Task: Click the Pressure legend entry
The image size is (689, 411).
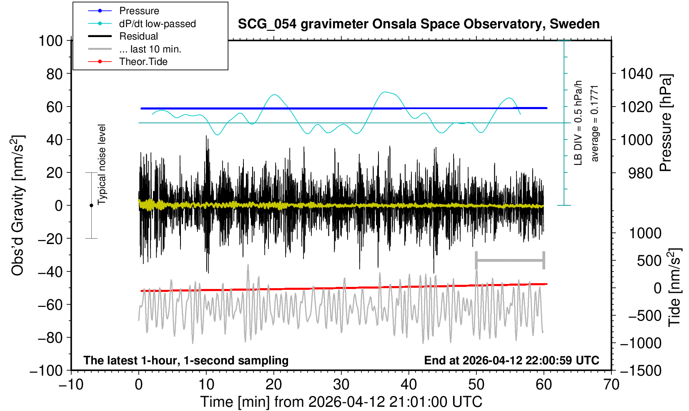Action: tap(124, 11)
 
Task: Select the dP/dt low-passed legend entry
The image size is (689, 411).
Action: tap(142, 24)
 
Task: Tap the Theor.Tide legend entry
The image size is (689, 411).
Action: tap(128, 62)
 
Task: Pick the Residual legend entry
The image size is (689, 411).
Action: tap(123, 36)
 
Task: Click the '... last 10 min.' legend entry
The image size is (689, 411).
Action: tap(135, 49)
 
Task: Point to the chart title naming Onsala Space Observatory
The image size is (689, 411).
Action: tap(418, 24)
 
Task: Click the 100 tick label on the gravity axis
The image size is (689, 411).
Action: tap(50, 41)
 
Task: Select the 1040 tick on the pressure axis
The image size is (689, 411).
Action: tap(636, 74)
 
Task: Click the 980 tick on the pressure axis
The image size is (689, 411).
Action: tap(640, 173)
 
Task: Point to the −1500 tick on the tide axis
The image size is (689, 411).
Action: tap(641, 371)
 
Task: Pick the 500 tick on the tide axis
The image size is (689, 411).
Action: tap(649, 261)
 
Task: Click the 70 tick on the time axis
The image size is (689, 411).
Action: tap(611, 385)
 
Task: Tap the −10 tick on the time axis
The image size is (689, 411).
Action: tap(71, 385)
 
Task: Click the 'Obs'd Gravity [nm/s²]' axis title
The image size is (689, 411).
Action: tap(18, 205)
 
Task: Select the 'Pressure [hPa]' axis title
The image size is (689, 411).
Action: tap(666, 123)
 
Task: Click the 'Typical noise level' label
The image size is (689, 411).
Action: tap(102, 165)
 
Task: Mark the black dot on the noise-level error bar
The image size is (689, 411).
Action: tap(91, 205)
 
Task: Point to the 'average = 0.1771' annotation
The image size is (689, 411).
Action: tap(594, 124)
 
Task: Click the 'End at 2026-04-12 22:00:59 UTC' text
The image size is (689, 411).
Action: tap(511, 360)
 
